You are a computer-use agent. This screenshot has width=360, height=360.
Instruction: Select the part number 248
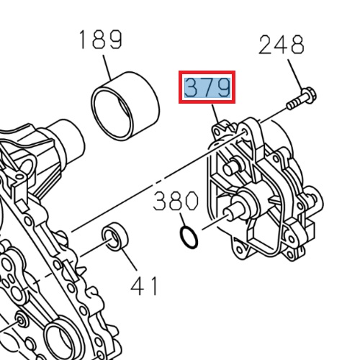tap(282, 46)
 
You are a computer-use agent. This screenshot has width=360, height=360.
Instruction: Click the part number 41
tap(144, 286)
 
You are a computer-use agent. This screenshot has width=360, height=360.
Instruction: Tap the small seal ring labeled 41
tap(114, 238)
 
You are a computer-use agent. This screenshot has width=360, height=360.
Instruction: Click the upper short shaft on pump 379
tap(231, 168)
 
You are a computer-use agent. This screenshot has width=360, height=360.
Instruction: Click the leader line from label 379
tap(215, 114)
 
